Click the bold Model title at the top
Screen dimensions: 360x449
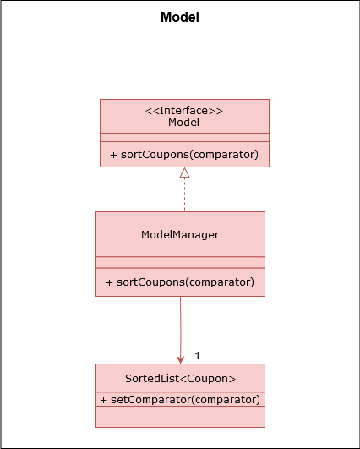(180, 17)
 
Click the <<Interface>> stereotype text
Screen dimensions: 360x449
(184, 111)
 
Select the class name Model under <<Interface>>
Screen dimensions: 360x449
(183, 123)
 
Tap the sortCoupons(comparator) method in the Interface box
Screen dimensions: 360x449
(189, 155)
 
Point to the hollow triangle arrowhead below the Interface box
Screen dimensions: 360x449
(184, 172)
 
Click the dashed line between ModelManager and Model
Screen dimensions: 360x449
(184, 194)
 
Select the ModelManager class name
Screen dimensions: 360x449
(180, 235)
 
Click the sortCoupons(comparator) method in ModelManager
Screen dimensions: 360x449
(185, 282)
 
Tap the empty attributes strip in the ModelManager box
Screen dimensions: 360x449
(180, 262)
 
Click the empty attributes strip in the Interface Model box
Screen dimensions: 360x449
(184, 138)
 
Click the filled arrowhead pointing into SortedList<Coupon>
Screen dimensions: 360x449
(180, 360)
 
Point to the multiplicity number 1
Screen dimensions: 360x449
(197, 356)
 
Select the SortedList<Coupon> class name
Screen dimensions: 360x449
(180, 379)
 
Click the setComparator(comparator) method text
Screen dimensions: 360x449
(185, 399)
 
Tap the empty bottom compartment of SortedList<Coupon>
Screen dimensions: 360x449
(180, 417)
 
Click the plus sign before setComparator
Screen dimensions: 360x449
(104, 400)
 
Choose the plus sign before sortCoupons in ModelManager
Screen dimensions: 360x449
(109, 282)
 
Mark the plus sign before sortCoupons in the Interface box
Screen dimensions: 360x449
(113, 155)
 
